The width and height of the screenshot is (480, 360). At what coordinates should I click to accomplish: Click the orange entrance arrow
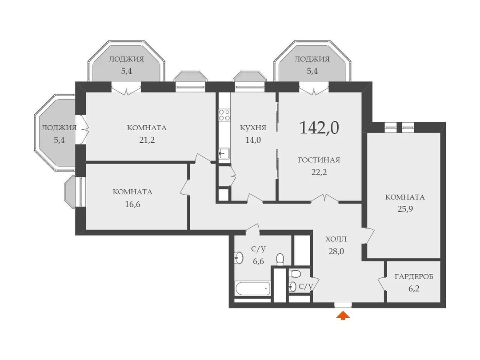pos(343,315)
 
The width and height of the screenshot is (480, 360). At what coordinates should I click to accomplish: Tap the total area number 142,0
pos(319,128)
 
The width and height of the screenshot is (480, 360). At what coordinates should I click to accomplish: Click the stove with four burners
pos(224,115)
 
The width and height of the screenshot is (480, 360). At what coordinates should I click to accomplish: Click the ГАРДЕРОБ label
pos(414,277)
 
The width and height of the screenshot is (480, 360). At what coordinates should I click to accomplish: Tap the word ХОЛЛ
pos(336,239)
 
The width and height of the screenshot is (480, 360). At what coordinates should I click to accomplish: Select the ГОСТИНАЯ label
pos(319,160)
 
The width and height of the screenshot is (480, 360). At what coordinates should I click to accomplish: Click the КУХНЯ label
pos(253,128)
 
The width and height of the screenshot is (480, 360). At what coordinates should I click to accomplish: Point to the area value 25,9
pos(405,209)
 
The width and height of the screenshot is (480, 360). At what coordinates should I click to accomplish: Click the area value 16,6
pos(132,204)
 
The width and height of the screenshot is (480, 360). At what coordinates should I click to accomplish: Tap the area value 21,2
pos(147,140)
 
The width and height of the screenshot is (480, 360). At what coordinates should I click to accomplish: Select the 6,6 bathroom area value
pos(258,261)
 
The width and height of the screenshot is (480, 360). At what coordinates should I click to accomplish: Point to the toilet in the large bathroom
pos(280,259)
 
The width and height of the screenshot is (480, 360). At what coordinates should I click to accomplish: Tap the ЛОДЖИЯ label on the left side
pos(59,128)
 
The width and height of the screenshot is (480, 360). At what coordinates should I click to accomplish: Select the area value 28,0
pos(336,252)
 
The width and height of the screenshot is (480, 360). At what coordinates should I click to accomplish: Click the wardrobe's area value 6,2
pos(414,289)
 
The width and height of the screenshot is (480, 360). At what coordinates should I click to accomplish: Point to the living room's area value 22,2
pos(319,172)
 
